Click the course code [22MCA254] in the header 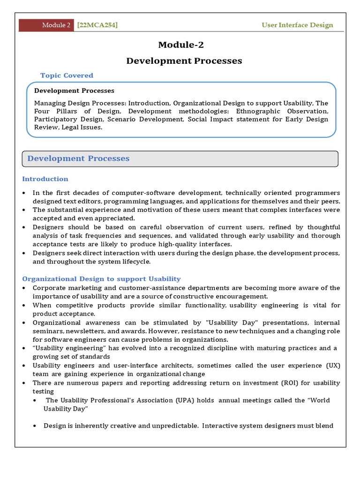97,25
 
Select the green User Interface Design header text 297,25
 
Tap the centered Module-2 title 181,45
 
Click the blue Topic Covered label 67,75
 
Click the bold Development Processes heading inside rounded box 74,90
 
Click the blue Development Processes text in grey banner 78,158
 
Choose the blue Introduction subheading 45,179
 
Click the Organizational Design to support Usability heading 101,278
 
